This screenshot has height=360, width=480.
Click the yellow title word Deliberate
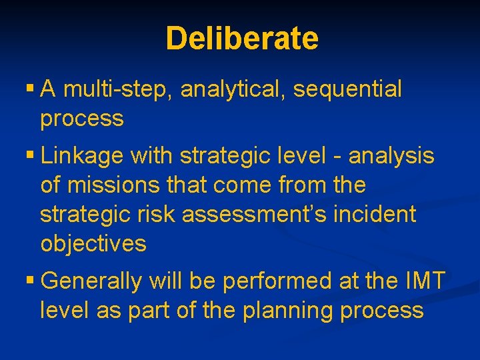click(242, 39)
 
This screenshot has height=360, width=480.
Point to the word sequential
click(347, 89)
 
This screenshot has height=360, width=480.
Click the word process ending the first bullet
click(82, 119)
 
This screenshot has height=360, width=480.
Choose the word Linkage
click(83, 156)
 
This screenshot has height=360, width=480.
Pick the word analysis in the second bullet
click(391, 156)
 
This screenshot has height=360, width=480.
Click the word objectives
click(93, 243)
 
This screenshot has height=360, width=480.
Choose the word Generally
click(91, 281)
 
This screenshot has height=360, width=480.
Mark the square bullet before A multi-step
click(30, 88)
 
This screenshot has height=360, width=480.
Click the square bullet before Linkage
click(30, 156)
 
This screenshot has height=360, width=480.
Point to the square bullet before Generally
click(30, 281)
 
